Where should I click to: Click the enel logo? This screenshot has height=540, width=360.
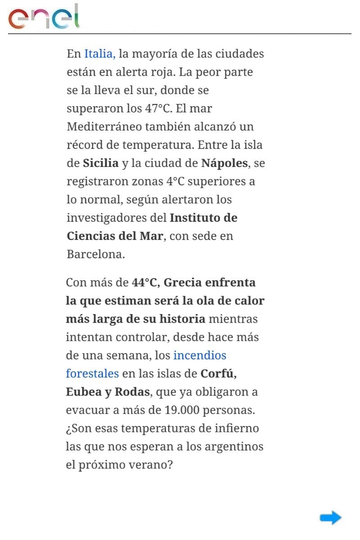(x=44, y=18)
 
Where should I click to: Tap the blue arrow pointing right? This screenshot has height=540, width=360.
(x=331, y=517)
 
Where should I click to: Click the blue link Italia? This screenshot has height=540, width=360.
(x=99, y=54)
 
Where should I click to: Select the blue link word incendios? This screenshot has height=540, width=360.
(x=199, y=355)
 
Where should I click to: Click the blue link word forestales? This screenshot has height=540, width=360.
(x=92, y=373)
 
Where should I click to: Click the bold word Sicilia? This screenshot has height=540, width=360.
(x=101, y=163)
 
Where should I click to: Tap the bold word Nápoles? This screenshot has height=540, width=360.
(x=224, y=163)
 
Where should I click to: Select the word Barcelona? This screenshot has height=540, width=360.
(x=95, y=254)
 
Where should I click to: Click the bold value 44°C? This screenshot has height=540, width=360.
(x=144, y=283)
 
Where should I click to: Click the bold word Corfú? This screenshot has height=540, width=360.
(x=219, y=373)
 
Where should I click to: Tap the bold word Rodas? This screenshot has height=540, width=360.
(x=132, y=392)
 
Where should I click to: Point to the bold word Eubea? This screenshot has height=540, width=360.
(x=84, y=392)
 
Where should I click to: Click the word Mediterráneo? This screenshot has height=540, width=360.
(x=104, y=127)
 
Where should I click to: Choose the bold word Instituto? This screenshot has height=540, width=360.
(x=196, y=218)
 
